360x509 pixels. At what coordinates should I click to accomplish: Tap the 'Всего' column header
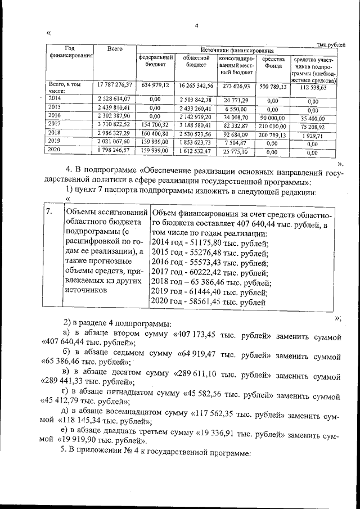[115, 50]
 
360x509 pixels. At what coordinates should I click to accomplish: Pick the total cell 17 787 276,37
[115, 85]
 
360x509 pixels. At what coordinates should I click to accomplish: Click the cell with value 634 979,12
[155, 85]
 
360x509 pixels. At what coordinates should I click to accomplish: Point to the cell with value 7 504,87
[235, 143]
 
